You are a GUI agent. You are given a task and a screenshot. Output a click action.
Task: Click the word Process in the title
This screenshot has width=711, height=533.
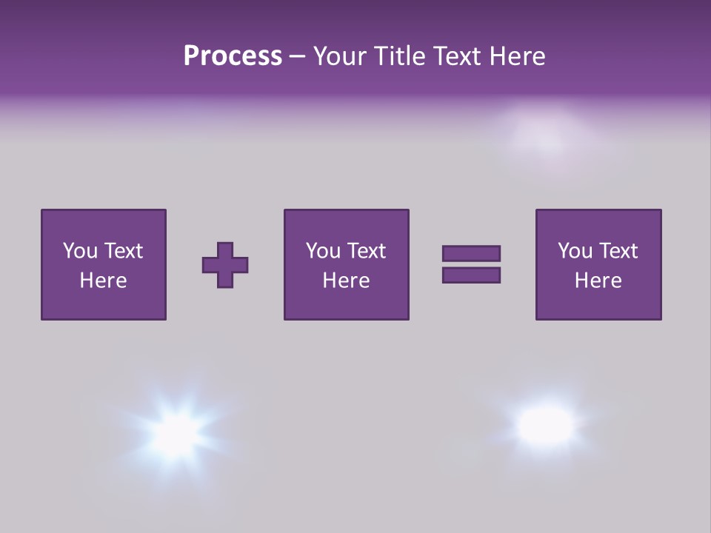(x=233, y=56)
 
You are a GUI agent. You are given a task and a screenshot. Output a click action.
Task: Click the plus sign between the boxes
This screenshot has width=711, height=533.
(x=225, y=265)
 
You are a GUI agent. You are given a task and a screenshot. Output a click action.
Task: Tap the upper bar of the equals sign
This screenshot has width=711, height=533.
(x=471, y=253)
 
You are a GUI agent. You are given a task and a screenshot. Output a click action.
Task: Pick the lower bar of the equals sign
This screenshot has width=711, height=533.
(x=471, y=275)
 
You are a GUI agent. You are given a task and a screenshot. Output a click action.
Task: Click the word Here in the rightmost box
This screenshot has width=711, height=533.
(x=598, y=281)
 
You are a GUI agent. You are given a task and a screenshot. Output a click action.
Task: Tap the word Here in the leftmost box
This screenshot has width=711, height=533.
(x=103, y=281)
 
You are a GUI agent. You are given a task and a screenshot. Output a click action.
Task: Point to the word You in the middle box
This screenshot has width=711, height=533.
(x=323, y=251)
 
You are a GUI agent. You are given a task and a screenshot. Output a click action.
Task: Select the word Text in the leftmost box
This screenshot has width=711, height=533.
(x=124, y=251)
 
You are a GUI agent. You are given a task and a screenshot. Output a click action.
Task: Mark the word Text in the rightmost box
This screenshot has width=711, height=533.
(x=618, y=251)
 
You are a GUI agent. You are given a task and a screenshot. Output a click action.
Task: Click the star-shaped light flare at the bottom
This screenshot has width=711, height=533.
(x=177, y=430)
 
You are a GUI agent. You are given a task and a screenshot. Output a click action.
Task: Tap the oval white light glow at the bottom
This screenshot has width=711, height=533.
(x=546, y=423)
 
